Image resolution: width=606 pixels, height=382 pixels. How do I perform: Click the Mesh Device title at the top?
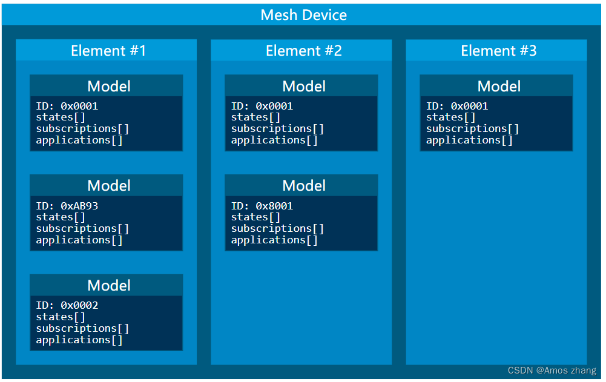[303, 15]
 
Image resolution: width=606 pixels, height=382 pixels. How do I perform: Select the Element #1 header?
[108, 50]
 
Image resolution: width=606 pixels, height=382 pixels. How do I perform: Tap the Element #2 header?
[303, 50]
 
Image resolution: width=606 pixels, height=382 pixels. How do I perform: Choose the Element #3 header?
[498, 50]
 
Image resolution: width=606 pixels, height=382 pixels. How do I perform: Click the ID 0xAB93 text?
[67, 206]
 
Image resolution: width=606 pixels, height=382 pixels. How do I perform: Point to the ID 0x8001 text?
[262, 206]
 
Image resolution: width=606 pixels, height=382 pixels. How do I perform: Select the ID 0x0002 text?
[67, 305]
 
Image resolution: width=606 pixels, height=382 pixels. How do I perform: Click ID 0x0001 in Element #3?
[456, 106]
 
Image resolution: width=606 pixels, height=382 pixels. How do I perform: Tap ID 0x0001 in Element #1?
[67, 106]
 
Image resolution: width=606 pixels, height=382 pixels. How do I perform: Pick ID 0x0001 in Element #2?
[262, 106]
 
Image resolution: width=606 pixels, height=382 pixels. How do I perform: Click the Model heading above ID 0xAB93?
[109, 185]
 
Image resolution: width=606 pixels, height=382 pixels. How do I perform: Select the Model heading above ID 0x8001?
[304, 185]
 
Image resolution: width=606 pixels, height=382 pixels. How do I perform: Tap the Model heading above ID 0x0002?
[109, 285]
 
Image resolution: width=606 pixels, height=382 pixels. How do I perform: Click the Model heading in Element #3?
[499, 86]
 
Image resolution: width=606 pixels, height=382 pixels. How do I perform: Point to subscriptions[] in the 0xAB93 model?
[82, 228]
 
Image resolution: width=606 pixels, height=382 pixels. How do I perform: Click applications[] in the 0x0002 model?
[79, 340]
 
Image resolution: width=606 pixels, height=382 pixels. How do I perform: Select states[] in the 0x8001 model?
[255, 217]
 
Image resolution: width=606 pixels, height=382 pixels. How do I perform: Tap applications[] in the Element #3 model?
[469, 140]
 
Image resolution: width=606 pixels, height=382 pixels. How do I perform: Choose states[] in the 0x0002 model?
[61, 317]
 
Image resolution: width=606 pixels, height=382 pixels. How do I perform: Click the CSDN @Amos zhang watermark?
[551, 370]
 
